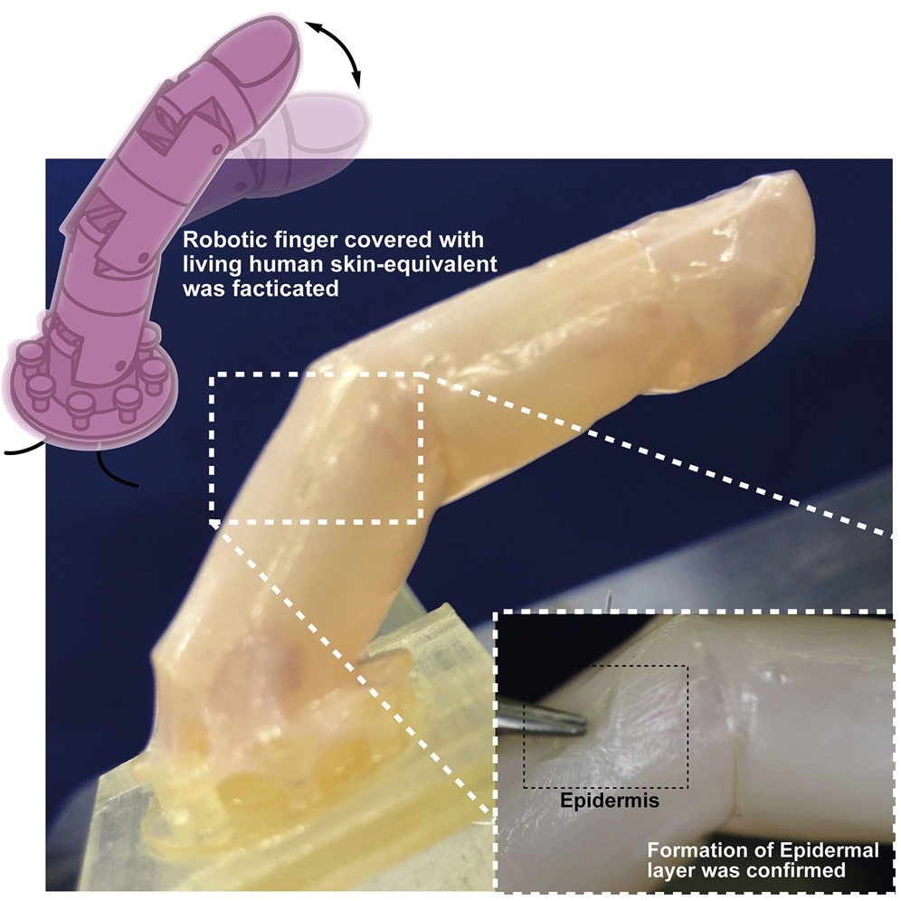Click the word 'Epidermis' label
[x=609, y=801]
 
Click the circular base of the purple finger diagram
[x=89, y=396]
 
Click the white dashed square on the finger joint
[x=317, y=375]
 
